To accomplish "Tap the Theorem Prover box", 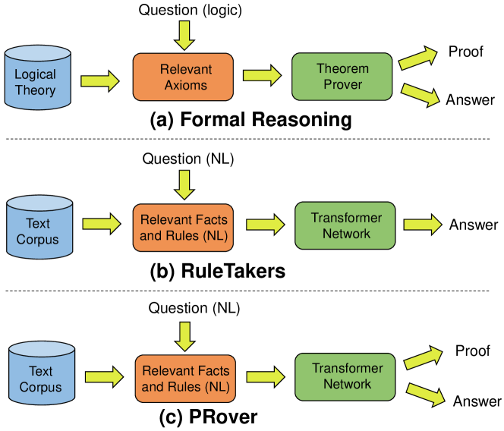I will (x=342, y=76).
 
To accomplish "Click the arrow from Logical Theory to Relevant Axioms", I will (x=99, y=78).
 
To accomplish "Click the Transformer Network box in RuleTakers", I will (x=345, y=225).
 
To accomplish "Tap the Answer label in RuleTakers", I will (x=473, y=225).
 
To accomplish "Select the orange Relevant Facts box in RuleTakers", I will (x=184, y=226).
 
